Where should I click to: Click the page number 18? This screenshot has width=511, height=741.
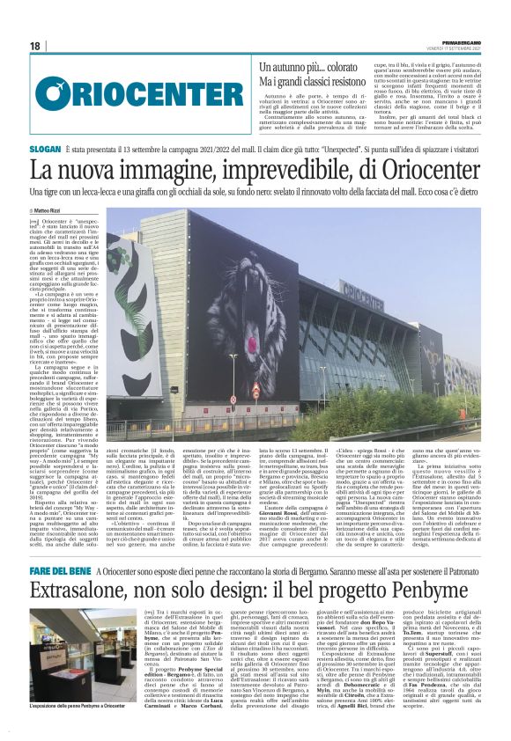click(34, 46)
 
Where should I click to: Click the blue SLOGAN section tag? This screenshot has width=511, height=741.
click(45, 151)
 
